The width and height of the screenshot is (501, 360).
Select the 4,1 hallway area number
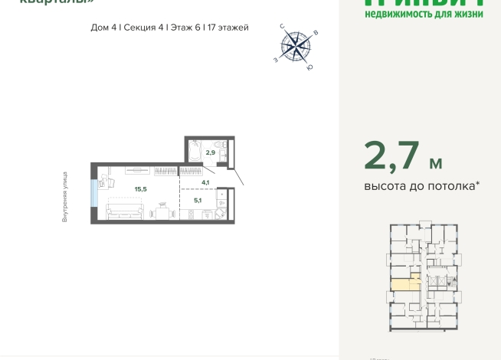[x=205, y=182]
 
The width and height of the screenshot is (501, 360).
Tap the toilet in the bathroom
[x=219, y=146]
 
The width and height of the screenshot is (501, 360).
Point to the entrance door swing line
[x=238, y=177]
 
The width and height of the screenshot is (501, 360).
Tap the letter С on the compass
[x=283, y=27]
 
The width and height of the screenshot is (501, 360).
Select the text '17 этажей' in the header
[x=228, y=28]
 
